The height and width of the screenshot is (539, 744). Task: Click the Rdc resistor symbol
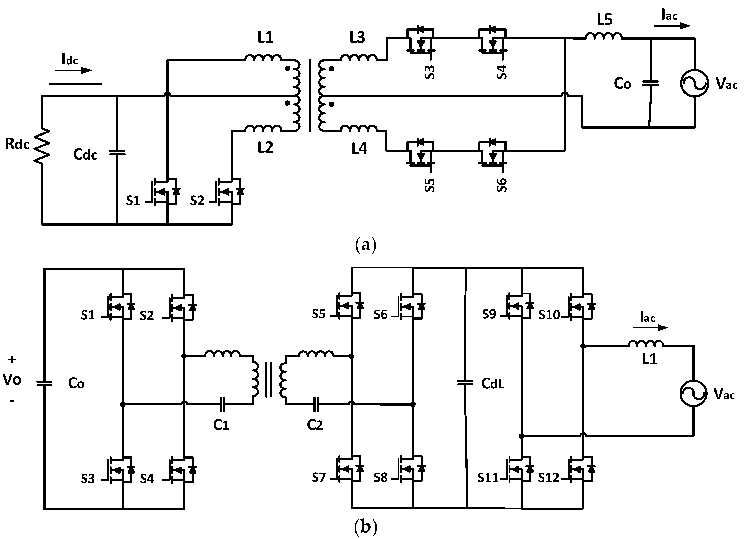(x=42, y=146)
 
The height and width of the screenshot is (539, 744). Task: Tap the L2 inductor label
(x=265, y=148)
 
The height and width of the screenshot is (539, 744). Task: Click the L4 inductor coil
(x=358, y=128)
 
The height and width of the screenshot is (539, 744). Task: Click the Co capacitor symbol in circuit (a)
(x=650, y=83)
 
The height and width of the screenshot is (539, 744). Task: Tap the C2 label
(x=315, y=425)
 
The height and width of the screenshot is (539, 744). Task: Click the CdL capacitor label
(x=493, y=384)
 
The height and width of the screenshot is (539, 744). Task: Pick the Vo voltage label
(x=12, y=380)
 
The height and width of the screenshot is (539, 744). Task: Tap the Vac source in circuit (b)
(x=693, y=393)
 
